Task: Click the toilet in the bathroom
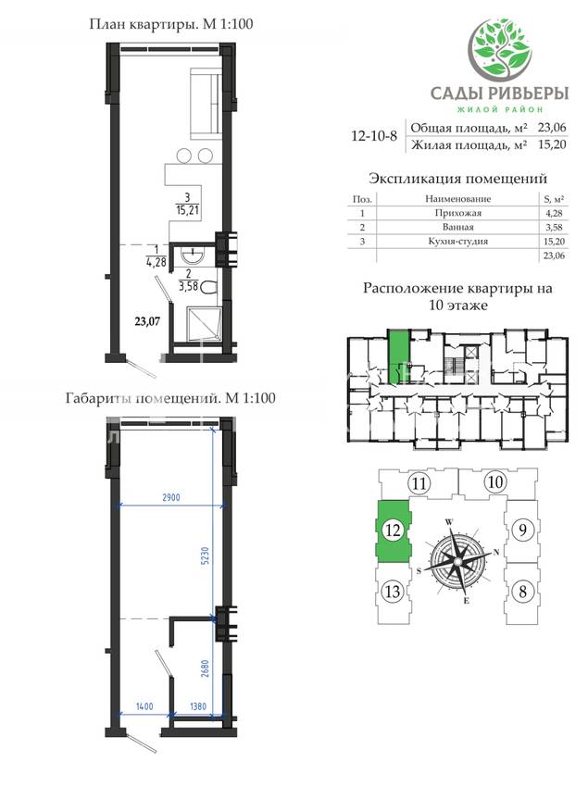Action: click(209, 288)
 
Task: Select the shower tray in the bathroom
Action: click(204, 324)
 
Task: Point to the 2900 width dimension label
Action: click(171, 498)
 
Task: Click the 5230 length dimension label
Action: click(205, 555)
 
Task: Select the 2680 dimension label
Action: click(205, 669)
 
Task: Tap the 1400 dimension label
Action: click(144, 706)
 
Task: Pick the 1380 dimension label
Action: click(198, 706)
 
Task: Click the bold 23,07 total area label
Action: click(147, 321)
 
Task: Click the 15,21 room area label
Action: click(187, 209)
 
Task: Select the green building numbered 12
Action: click(394, 530)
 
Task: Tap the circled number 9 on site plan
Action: click(522, 530)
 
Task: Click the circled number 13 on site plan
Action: click(393, 592)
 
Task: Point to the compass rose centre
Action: click(457, 560)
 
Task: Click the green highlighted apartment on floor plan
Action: click(399, 356)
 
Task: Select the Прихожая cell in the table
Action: click(457, 213)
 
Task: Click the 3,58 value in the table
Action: click(554, 227)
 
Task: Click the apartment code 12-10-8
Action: click(374, 136)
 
